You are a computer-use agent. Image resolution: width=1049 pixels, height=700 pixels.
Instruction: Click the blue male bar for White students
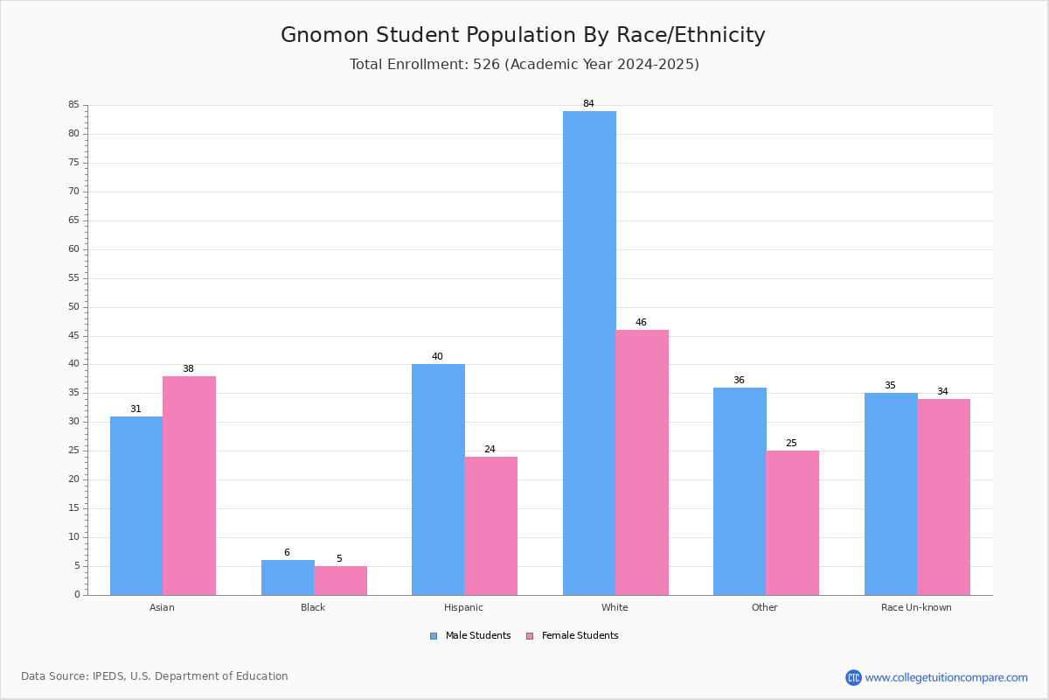[x=589, y=353]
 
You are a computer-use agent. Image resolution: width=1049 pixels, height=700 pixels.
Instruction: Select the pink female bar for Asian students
[x=189, y=486]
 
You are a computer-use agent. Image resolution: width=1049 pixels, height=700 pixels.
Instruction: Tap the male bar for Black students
[x=288, y=577]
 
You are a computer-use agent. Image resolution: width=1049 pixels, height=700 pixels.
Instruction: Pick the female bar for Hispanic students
[x=490, y=526]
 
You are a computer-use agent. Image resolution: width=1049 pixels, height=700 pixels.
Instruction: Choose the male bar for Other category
[x=740, y=492]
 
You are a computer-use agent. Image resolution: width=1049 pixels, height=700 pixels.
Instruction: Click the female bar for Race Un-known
[x=943, y=497]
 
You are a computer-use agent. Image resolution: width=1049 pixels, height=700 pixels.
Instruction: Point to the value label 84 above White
[x=588, y=103]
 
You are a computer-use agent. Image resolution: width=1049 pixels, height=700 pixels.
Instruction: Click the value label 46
[x=641, y=322]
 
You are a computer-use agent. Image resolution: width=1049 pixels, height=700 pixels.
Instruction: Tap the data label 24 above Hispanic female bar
[x=490, y=449]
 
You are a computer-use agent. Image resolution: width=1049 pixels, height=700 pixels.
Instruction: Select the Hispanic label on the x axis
[x=463, y=607]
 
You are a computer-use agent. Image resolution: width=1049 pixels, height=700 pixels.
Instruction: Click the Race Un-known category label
[x=916, y=607]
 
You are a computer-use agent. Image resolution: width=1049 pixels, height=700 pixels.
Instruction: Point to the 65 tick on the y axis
[x=74, y=220]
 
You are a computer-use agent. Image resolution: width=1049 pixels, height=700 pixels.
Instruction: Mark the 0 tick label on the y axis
[x=77, y=594]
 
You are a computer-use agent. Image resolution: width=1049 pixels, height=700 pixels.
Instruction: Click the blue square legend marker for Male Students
[x=434, y=636]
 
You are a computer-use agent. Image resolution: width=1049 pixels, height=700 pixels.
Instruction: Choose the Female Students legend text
[x=580, y=635]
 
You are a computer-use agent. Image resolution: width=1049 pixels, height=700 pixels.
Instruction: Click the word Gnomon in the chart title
[x=324, y=35]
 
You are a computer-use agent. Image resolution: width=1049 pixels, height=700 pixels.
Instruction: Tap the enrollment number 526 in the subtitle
[x=486, y=64]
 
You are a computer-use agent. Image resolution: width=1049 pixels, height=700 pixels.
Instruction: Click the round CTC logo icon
[x=853, y=677]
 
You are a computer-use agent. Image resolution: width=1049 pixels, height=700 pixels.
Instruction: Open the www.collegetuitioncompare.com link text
[x=947, y=677]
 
